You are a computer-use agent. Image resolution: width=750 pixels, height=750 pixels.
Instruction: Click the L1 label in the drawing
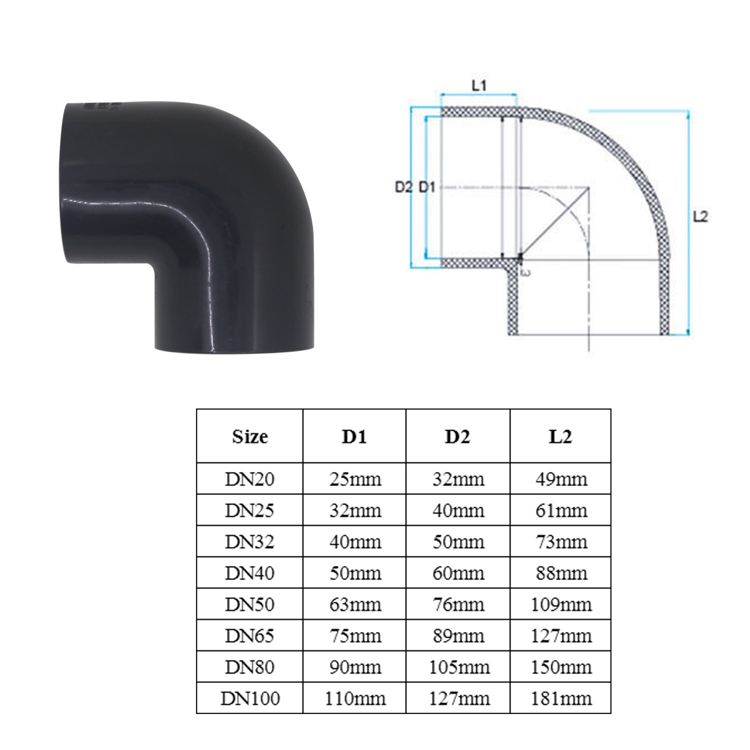click(x=479, y=85)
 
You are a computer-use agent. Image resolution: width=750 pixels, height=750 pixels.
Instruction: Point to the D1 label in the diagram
click(x=427, y=188)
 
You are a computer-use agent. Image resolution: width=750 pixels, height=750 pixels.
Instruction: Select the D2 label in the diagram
click(x=403, y=188)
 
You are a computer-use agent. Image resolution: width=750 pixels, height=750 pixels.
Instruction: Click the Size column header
click(x=249, y=436)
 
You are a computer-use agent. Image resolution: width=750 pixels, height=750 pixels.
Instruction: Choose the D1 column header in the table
click(x=354, y=436)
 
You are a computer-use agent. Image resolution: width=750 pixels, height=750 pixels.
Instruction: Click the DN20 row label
click(x=249, y=479)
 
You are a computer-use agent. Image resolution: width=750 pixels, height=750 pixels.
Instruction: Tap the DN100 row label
click(x=250, y=698)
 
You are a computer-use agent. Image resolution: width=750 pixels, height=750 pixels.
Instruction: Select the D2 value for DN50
click(x=458, y=604)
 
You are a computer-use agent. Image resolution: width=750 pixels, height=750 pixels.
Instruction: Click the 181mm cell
click(x=560, y=698)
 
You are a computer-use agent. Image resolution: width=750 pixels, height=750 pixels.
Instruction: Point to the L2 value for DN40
click(x=561, y=573)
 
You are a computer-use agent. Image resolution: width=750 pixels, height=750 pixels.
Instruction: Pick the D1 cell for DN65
click(x=355, y=636)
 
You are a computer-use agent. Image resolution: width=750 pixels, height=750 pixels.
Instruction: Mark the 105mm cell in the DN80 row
click(x=458, y=667)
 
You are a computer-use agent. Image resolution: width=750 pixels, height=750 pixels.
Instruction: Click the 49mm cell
click(x=561, y=479)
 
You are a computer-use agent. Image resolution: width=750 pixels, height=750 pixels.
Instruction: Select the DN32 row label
click(x=249, y=541)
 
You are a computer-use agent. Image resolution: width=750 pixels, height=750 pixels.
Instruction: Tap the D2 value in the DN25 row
click(x=458, y=510)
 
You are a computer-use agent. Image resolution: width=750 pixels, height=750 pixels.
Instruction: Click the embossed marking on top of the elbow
click(x=103, y=106)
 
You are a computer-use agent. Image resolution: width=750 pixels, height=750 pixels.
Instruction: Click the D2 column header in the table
click(x=457, y=436)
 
